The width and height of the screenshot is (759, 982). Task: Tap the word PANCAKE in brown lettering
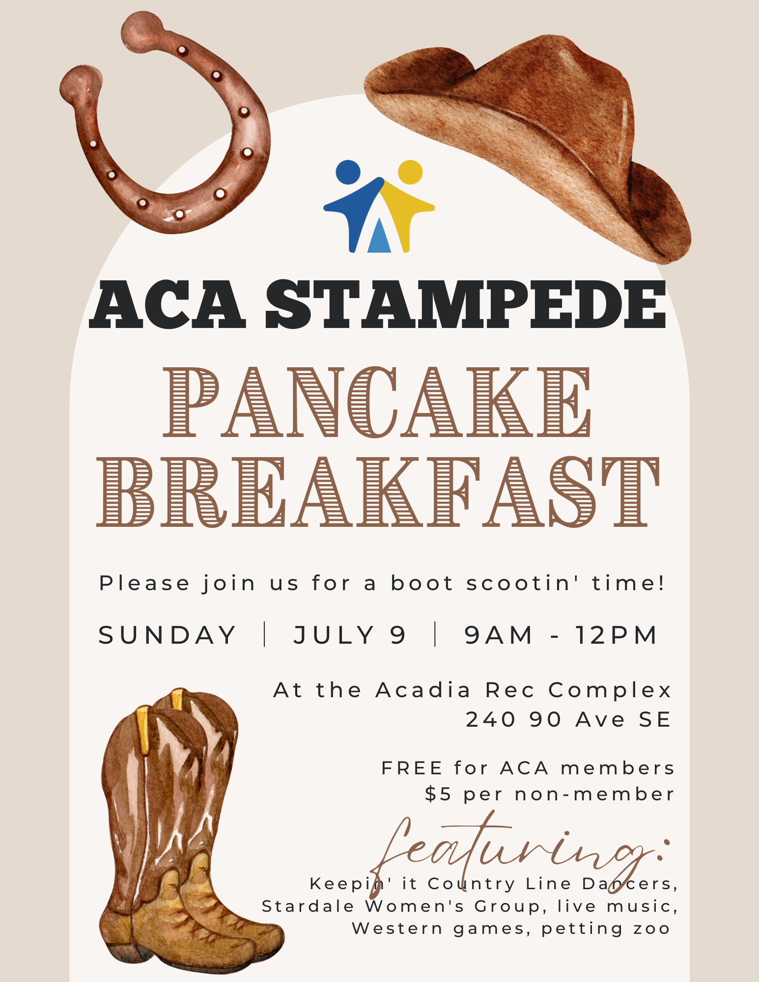tap(377, 402)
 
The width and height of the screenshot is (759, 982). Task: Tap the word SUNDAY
tap(168, 635)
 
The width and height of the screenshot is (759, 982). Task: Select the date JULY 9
tap(350, 635)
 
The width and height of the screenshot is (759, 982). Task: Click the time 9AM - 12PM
tap(560, 635)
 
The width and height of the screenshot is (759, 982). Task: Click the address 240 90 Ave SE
tap(568, 720)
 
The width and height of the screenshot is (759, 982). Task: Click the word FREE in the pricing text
tap(412, 768)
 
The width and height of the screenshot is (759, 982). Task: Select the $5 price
tap(438, 794)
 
